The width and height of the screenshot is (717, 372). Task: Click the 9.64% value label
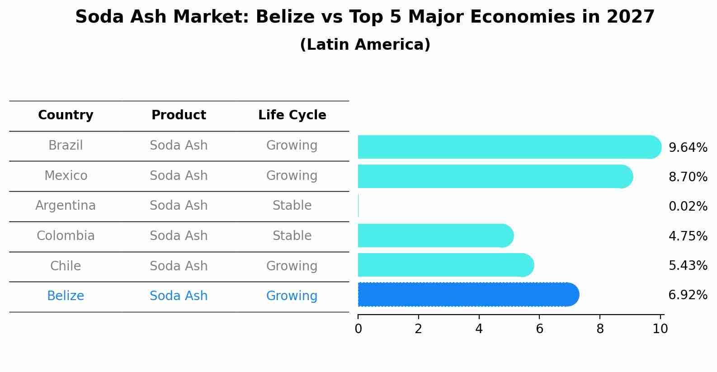tap(688, 148)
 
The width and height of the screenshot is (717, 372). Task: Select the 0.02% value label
tap(688, 207)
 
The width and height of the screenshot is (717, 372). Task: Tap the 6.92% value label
tap(688, 295)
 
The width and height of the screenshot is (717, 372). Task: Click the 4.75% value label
tap(688, 236)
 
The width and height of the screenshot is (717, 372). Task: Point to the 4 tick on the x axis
tap(479, 329)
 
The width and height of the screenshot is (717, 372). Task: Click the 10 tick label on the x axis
tap(660, 329)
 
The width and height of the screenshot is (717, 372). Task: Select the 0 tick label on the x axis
tap(358, 329)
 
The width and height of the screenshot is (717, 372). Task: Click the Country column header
tap(66, 115)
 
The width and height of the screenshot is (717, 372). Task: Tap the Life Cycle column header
tap(292, 115)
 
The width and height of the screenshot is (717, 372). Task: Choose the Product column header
tap(179, 115)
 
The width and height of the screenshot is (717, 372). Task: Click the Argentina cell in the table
tap(66, 206)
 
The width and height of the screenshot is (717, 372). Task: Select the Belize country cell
tap(66, 296)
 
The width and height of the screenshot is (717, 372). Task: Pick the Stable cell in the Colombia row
tap(292, 236)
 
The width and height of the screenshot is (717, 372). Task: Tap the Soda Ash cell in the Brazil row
tap(179, 146)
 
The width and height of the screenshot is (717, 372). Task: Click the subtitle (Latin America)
tap(365, 45)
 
